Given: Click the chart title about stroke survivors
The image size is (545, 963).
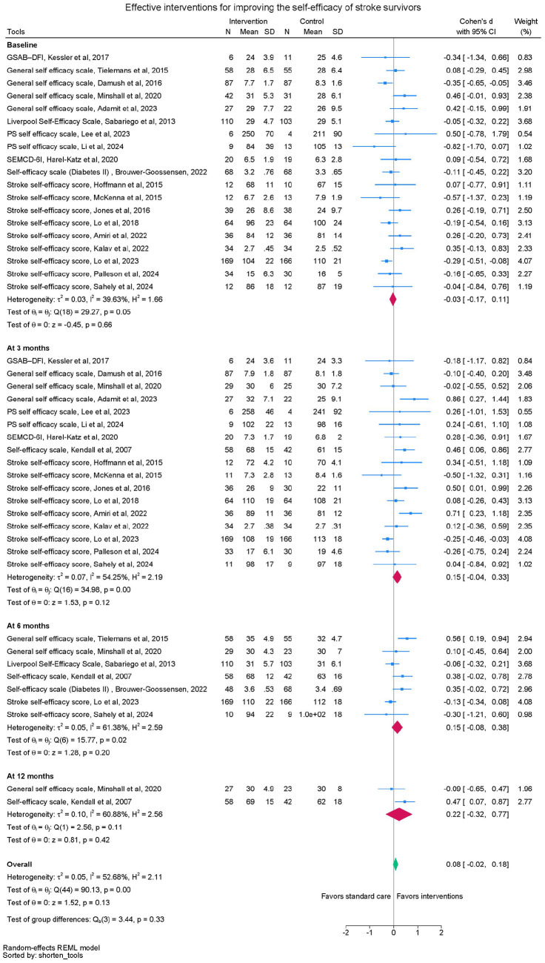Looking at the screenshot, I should click(272, 7).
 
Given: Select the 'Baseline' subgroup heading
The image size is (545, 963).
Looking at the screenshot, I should click(22, 45).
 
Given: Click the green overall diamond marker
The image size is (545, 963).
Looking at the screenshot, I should click(395, 864).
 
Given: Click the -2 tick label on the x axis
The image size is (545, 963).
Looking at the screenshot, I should click(346, 929).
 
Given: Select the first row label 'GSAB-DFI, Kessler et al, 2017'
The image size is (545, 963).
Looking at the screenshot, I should click(58, 57).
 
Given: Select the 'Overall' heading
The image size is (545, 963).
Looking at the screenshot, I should click(20, 864).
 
